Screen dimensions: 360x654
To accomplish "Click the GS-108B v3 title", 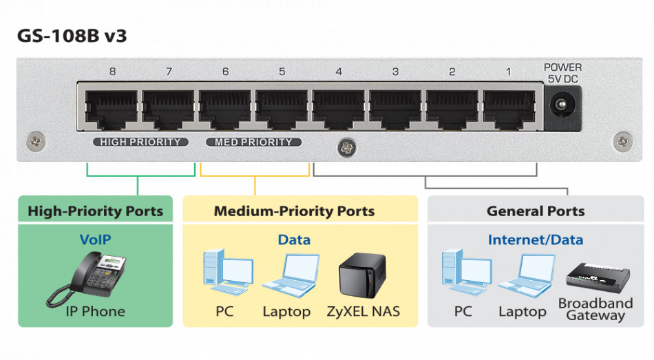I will click(x=72, y=36).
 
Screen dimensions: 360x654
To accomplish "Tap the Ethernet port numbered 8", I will click(x=112, y=109).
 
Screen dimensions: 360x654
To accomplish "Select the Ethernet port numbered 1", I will click(x=509, y=109).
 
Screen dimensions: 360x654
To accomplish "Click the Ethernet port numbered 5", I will click(x=282, y=109).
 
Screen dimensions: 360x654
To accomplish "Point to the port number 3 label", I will click(x=395, y=72).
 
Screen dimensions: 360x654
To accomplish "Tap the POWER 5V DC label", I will click(x=562, y=73).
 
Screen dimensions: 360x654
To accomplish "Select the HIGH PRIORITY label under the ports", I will click(x=140, y=142).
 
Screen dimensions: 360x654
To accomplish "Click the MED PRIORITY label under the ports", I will click(x=253, y=142).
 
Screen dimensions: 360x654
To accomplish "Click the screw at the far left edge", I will click(x=34, y=141).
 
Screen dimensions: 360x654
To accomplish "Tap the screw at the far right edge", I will click(x=622, y=141).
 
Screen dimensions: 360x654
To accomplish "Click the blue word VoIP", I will click(x=95, y=240).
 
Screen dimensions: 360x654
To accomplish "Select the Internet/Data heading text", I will click(x=535, y=240).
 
